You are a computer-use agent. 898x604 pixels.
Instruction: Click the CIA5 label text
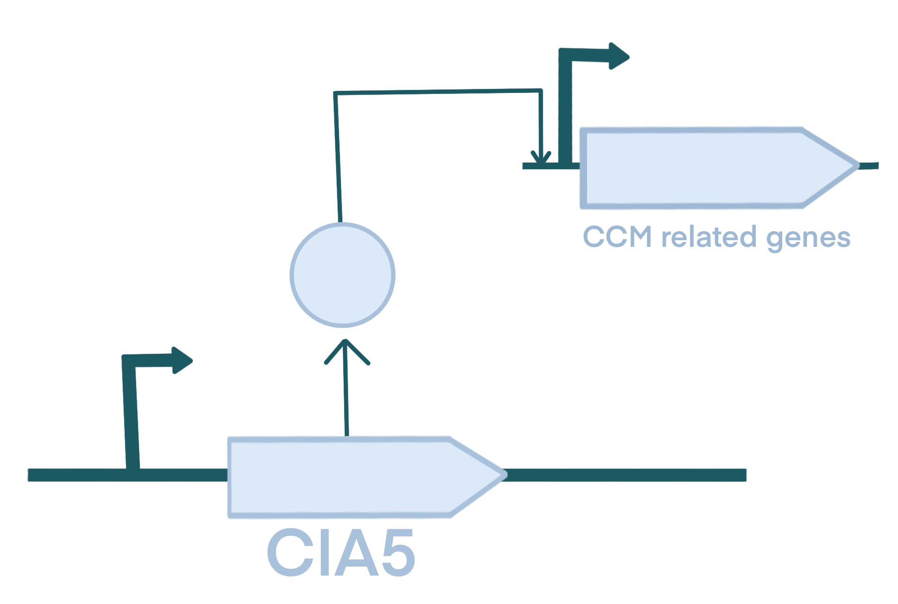[340, 552]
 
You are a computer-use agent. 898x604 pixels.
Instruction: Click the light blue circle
[342, 275]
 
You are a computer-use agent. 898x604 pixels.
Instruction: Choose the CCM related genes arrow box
[702, 168]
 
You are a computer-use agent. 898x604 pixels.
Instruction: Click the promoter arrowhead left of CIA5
[183, 361]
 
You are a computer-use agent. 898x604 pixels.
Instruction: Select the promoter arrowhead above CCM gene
[619, 56]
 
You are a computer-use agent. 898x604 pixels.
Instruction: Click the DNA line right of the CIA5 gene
[626, 475]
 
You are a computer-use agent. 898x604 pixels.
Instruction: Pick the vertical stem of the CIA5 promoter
[131, 417]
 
